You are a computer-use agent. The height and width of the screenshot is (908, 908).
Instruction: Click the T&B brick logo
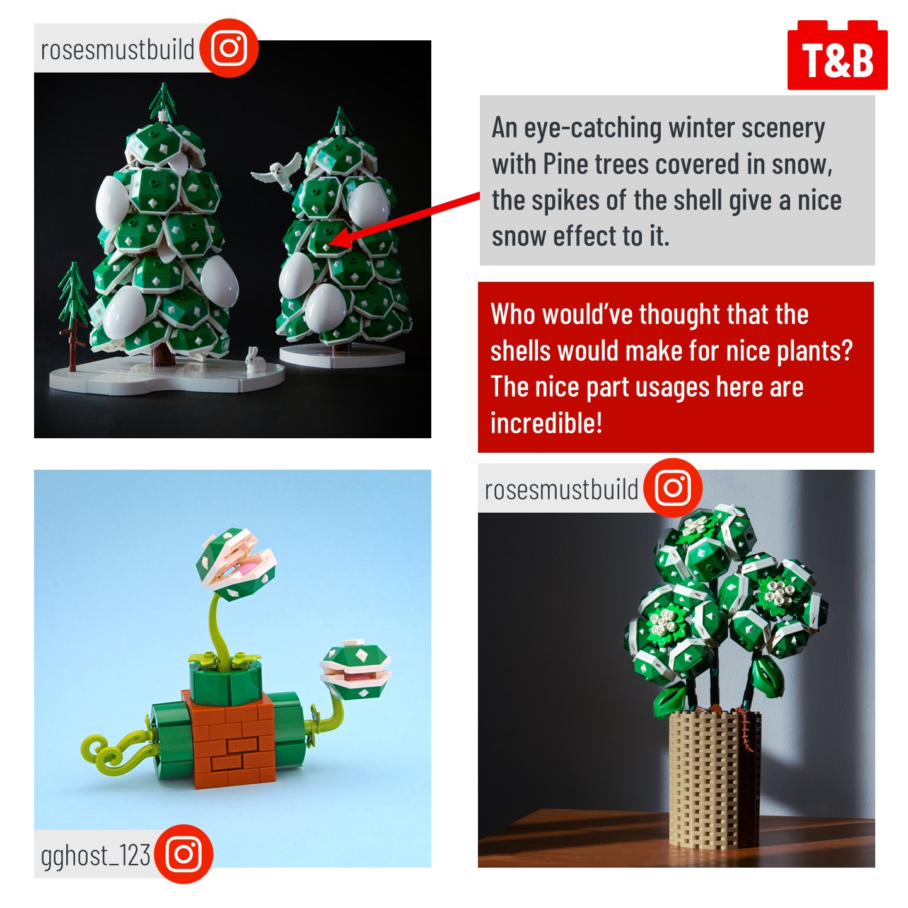837,55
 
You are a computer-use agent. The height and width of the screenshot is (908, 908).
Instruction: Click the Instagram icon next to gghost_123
184,853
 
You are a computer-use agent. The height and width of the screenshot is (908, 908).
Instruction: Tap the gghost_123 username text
96,856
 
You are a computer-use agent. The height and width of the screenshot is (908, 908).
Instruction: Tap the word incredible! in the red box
546,422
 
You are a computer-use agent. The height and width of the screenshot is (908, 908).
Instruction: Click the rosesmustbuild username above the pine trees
117,49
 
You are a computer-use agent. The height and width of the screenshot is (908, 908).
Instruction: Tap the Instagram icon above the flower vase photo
673,487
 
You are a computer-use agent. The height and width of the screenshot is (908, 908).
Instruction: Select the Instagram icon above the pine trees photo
229,48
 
